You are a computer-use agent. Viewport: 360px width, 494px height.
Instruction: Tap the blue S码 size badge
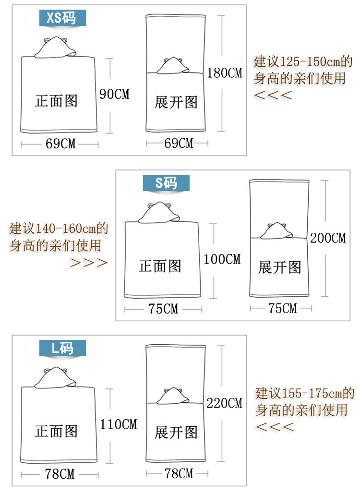(166, 182)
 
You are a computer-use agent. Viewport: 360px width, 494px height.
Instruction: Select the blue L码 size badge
(62, 348)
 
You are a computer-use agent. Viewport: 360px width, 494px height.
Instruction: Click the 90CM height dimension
(114, 94)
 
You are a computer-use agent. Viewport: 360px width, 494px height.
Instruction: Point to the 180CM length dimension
(225, 73)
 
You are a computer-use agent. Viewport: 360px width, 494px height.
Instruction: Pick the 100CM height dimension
(222, 259)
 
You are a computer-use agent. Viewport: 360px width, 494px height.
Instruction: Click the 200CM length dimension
(328, 238)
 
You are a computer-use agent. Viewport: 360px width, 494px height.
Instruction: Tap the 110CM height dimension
(118, 424)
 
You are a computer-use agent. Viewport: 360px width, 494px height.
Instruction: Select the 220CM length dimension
(224, 403)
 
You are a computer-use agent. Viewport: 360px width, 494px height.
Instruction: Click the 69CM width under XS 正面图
(60, 144)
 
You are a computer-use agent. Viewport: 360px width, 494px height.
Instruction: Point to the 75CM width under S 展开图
(283, 308)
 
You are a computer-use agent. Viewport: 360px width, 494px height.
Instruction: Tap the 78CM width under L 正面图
(60, 474)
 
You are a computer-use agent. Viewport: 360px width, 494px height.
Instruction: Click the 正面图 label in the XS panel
(56, 101)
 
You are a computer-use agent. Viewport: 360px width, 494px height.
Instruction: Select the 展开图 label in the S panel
(279, 267)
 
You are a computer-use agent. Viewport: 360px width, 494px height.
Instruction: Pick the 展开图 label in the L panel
(176, 432)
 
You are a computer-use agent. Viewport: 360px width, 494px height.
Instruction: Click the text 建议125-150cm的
(303, 62)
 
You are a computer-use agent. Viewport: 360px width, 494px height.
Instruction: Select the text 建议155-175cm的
(304, 394)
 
